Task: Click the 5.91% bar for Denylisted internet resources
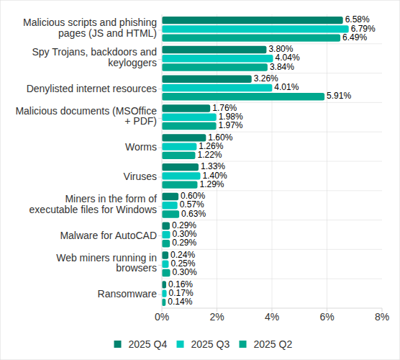point(243,96)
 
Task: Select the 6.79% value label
point(364,29)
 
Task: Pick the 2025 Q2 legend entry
point(266,344)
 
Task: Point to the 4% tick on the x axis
point(272,317)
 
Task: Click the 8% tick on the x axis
point(382,317)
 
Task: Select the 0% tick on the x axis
point(162,317)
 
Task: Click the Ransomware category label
point(127,294)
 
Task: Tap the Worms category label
point(140,147)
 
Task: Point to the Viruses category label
point(140,176)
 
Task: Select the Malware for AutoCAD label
point(108,235)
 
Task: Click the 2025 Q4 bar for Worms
point(183,138)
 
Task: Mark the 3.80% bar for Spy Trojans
point(214,49)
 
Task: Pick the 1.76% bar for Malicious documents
point(186,108)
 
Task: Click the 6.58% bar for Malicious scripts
point(252,19)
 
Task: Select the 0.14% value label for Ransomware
point(180,302)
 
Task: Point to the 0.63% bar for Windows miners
point(171,214)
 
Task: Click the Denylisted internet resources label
point(91,89)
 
